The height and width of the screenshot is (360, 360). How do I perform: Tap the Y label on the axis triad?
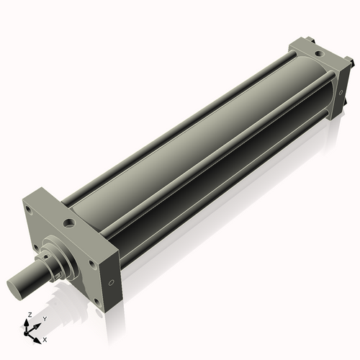(x=44, y=318)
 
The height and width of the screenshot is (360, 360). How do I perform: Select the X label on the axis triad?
(x=45, y=338)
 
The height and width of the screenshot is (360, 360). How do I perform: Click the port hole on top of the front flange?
(x=68, y=223)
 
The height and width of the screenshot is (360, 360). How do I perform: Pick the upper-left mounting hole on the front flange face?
(x=28, y=210)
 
